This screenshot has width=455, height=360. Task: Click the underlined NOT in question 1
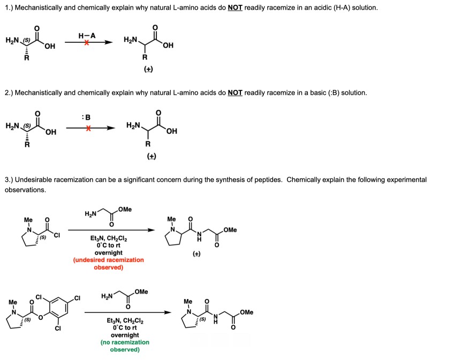235,8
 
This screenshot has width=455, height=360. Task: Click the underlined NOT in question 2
235,93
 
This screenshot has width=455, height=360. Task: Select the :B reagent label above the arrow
88,117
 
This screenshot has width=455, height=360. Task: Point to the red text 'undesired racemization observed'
108,263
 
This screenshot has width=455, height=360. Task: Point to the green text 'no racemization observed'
125,346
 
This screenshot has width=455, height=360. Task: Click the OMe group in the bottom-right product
247,312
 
